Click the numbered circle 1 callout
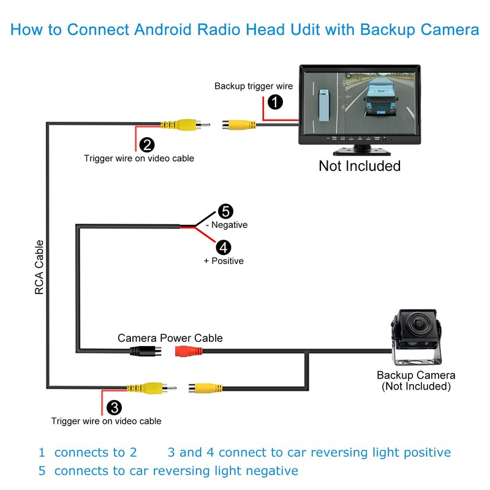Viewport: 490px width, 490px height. click(275, 102)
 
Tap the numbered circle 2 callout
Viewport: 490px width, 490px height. click(147, 145)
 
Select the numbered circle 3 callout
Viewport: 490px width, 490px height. click(114, 407)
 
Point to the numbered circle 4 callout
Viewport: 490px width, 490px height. click(224, 248)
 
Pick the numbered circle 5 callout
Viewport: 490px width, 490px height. click(225, 211)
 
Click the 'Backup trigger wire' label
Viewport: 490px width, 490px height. click(254, 86)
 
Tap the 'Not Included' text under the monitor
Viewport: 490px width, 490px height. click(360, 166)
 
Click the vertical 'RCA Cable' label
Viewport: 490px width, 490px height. click(39, 267)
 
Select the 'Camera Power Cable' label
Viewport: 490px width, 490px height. click(170, 338)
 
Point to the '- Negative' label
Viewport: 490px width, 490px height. click(227, 225)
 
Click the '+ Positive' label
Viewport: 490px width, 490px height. click(224, 261)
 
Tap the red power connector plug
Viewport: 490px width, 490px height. click(189, 351)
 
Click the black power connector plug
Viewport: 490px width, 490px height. click(146, 352)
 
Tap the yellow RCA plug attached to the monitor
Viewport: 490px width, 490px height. click(239, 125)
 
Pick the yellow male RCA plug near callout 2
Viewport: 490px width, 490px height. click(185, 125)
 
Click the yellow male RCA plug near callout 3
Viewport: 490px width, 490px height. click(151, 388)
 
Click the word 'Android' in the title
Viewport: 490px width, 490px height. click(162, 29)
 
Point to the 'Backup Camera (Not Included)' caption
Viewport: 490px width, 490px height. click(416, 380)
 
